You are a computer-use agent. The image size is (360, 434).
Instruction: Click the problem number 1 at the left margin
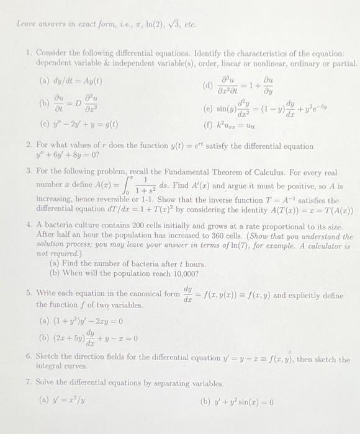29,55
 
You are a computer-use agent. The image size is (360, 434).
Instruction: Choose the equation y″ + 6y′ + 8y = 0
68,157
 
